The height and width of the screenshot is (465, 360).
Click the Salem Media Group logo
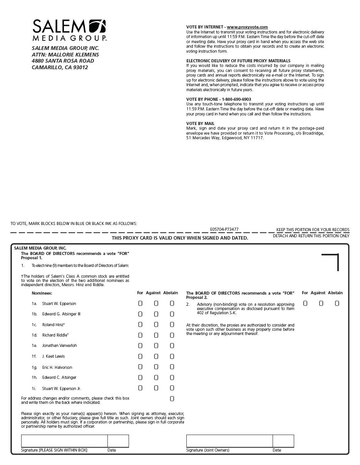(69, 30)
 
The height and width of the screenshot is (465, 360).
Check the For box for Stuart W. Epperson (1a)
(140, 303)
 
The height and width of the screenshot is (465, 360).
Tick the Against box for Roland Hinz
(156, 325)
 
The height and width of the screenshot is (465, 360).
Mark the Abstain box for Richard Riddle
(172, 335)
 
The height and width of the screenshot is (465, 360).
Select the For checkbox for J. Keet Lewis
(140, 356)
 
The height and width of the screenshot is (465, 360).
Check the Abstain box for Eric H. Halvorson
(172, 367)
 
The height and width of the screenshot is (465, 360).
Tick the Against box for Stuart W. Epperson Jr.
(156, 388)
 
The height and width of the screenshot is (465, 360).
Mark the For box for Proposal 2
(305, 303)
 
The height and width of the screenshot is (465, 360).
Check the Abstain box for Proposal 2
(337, 303)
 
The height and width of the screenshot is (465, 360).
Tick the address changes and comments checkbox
(172, 399)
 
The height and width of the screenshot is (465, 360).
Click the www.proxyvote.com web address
(247, 27)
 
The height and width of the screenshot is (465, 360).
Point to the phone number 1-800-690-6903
(236, 99)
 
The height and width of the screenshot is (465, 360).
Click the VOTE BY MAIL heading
(200, 123)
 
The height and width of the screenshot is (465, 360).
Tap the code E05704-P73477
(224, 229)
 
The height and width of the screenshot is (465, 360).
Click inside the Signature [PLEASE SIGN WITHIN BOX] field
(64, 441)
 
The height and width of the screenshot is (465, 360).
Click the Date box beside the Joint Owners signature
(283, 441)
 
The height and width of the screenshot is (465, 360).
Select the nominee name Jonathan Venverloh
(59, 345)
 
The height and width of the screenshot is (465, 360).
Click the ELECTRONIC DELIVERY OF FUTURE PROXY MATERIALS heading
(238, 61)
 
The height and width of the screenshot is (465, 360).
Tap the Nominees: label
(42, 293)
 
